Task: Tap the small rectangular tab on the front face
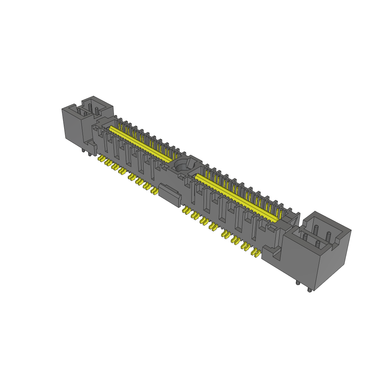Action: click(x=169, y=195)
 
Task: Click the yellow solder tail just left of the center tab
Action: click(x=154, y=190)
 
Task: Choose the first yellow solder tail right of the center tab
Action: click(x=186, y=210)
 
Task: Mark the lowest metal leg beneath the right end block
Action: click(x=310, y=289)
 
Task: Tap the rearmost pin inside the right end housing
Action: click(x=316, y=229)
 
